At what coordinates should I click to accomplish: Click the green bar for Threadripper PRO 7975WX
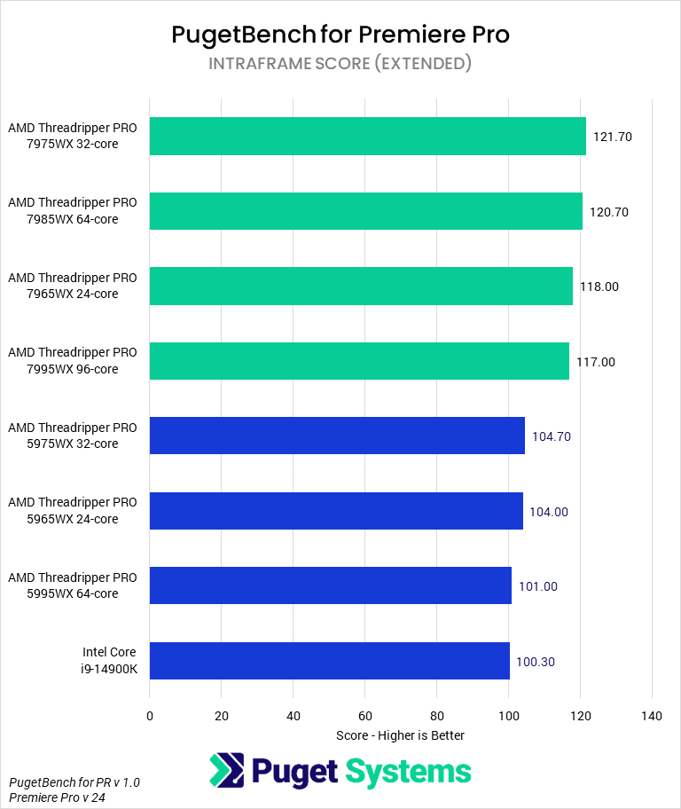point(367,137)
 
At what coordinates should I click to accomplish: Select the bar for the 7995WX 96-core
point(359,361)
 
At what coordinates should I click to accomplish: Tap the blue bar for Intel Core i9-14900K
point(329,661)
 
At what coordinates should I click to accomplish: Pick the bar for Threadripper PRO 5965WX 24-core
point(336,511)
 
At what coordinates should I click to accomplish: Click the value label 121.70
point(612,137)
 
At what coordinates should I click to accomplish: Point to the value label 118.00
point(599,287)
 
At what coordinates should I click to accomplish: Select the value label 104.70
point(551,436)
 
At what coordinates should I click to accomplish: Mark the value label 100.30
point(536,662)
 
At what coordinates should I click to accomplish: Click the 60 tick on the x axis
point(364,716)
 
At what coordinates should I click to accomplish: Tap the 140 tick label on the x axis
point(651,716)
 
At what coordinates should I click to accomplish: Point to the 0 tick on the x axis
point(150,716)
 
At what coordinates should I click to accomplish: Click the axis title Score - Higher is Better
point(400,735)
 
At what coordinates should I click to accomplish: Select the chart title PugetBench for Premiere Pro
point(340,35)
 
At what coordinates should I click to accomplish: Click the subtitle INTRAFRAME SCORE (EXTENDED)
point(340,64)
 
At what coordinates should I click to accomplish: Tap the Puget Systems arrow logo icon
point(227,771)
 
